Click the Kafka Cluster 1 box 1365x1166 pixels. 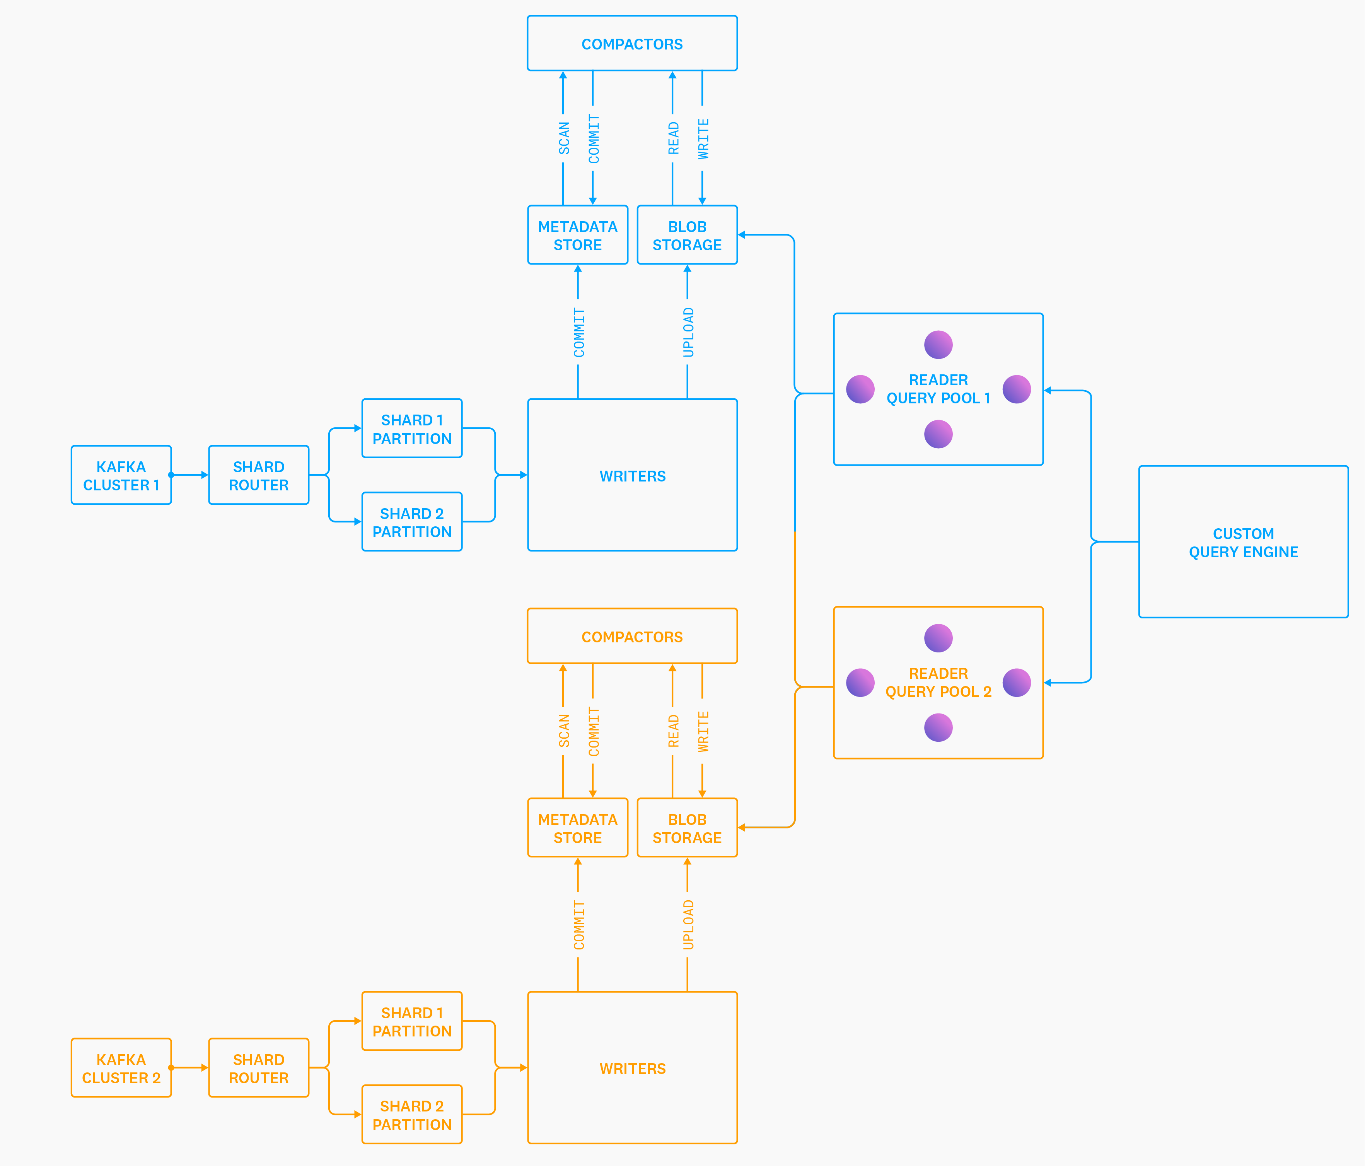121,475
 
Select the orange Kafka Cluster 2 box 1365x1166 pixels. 121,1068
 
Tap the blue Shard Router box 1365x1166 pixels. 258,475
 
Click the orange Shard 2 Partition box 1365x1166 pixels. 412,1115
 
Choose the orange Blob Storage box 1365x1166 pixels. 687,828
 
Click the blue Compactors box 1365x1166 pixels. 632,43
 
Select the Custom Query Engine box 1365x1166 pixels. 1243,542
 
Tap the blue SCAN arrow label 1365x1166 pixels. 564,138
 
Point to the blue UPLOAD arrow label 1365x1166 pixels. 688,333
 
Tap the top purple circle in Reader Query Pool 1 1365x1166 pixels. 938,345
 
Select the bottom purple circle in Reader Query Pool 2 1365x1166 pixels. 938,728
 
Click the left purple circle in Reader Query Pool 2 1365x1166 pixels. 860,683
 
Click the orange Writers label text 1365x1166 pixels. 633,1069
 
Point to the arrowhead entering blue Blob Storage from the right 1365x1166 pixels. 742,234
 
